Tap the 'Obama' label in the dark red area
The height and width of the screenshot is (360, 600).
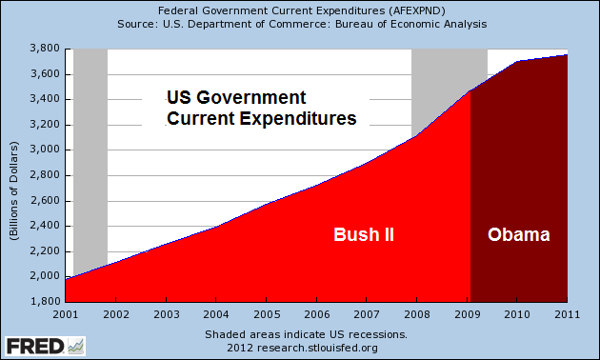[519, 234]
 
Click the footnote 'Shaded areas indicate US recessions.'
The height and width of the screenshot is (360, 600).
[306, 334]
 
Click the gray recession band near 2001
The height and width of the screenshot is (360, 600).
[90, 143]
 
